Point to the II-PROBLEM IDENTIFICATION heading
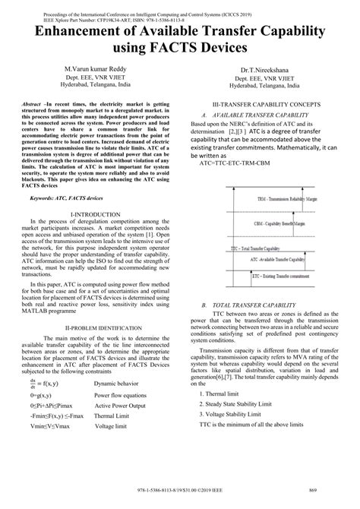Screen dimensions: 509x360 [95, 327]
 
